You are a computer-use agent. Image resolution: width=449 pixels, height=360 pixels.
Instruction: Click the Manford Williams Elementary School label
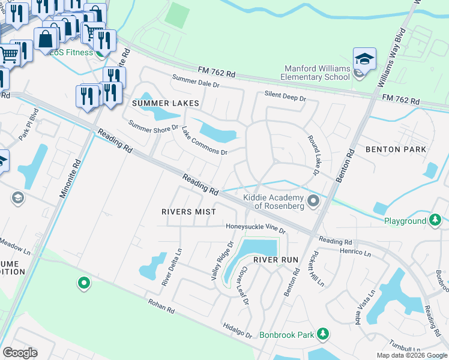(x=316, y=73)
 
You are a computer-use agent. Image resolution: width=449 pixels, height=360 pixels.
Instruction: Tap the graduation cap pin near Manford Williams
(x=364, y=59)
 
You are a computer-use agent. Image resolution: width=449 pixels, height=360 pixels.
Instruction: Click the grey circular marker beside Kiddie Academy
(x=312, y=201)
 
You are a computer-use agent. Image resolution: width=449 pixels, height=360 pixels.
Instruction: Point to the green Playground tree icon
(x=435, y=221)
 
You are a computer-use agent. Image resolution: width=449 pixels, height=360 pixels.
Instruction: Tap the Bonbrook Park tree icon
(x=324, y=334)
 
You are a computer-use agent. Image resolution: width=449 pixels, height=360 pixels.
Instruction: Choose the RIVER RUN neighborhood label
(x=276, y=260)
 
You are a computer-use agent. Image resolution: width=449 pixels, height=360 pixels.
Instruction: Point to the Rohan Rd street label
(x=161, y=307)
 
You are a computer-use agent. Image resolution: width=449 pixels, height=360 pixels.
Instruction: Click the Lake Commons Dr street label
(x=204, y=140)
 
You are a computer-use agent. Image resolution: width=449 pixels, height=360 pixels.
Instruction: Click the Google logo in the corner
(x=20, y=353)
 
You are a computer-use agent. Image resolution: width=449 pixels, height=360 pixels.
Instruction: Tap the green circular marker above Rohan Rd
(x=84, y=282)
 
